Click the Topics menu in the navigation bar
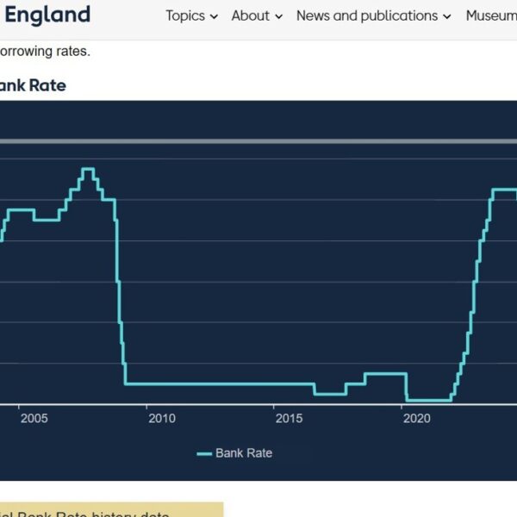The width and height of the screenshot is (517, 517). coord(185,16)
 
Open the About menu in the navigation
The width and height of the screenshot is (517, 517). coord(250,16)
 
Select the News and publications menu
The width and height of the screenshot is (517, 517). coord(366,16)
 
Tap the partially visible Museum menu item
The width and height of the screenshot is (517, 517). coord(491,16)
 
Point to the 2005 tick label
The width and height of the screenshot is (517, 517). coord(34,419)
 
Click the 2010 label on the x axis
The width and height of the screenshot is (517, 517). coord(161,419)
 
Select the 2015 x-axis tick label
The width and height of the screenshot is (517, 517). coord(289,419)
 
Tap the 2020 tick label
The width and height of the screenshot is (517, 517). coord(416,419)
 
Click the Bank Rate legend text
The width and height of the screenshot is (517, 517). coord(244,453)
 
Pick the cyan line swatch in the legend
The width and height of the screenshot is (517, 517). coord(204,453)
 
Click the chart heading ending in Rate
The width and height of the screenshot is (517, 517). coord(33,85)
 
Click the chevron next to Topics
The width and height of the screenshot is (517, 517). coord(214,16)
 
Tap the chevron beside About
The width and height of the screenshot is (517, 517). coord(278,16)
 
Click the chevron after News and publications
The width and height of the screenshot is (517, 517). coord(446,16)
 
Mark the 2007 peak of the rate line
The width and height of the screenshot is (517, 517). coord(87,169)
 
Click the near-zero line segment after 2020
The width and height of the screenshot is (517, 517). coord(428,400)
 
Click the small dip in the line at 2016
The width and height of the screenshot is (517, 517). coord(329,394)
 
